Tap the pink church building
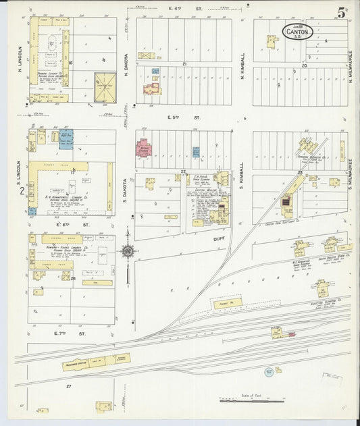pos(143,148)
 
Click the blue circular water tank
pos(269,371)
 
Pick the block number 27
pos(69,385)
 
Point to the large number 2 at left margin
pos(22,192)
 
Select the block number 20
pos(305,65)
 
